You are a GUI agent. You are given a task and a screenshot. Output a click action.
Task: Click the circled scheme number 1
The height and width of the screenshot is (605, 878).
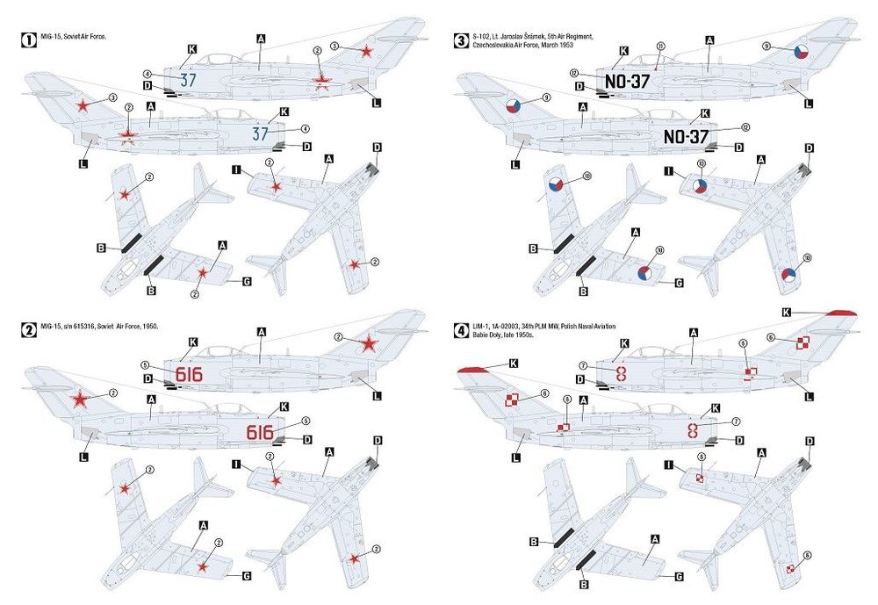[29, 38]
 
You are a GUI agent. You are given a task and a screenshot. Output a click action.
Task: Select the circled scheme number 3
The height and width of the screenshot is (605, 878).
[461, 39]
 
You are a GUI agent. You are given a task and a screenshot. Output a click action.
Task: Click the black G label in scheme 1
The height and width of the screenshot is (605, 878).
[247, 282]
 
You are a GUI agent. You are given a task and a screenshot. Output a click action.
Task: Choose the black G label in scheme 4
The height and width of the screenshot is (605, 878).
[679, 576]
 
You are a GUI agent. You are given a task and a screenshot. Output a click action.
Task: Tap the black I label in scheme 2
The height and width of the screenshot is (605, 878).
[236, 463]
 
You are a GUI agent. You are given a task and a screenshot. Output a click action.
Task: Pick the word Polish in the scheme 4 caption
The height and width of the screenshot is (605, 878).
[594, 325]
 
